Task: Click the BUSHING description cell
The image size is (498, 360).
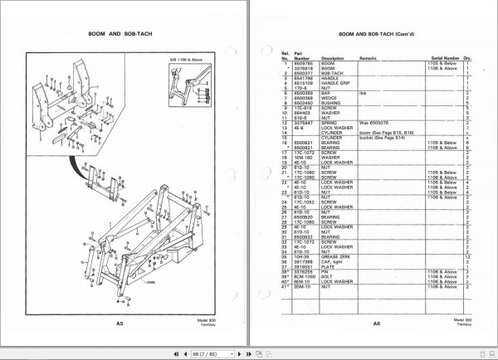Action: coord(337,105)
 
